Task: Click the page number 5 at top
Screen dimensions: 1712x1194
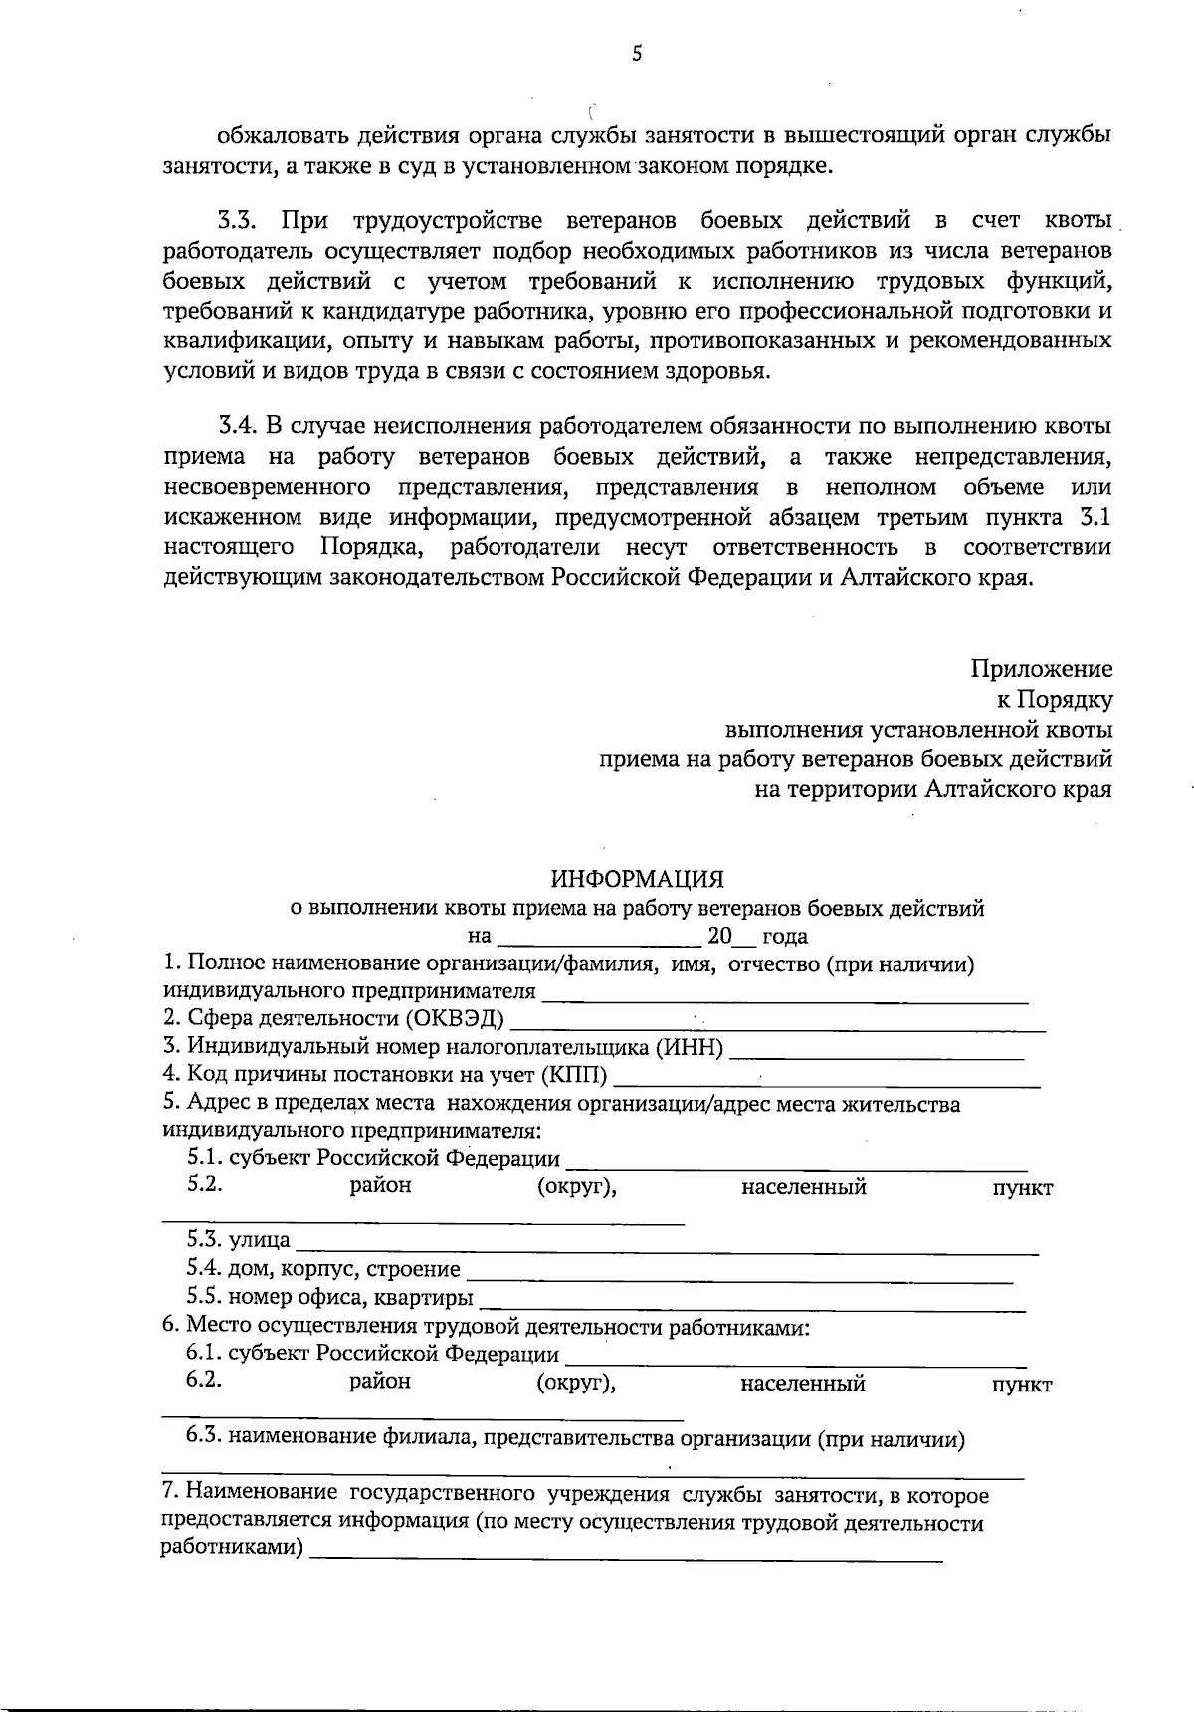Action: point(637,55)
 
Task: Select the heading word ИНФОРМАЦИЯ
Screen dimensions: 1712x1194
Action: point(638,879)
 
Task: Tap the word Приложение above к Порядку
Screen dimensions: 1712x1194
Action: point(1042,669)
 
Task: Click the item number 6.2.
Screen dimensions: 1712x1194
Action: point(203,1381)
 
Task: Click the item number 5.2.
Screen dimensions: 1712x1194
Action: point(203,1185)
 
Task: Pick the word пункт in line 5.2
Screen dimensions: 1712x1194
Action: point(1022,1188)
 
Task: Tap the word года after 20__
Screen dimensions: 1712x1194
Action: point(784,937)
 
